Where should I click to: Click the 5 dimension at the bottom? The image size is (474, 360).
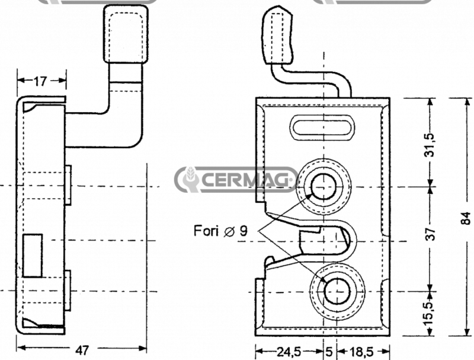328,352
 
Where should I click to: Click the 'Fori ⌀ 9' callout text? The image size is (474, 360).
220,231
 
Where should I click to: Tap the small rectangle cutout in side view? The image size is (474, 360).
33,256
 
